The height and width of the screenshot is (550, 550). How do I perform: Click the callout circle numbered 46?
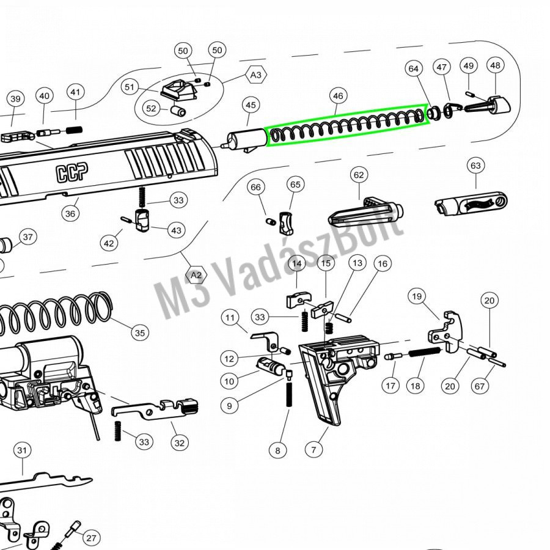click(338, 96)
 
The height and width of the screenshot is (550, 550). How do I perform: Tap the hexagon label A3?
click(256, 75)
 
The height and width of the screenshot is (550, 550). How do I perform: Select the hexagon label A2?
click(196, 276)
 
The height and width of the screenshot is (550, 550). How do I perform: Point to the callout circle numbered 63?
click(475, 166)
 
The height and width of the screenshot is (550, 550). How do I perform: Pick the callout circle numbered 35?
click(141, 333)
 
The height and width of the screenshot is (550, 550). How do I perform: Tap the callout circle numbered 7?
click(313, 450)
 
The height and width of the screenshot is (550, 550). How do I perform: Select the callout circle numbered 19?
click(417, 297)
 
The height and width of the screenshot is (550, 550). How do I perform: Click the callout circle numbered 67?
click(479, 386)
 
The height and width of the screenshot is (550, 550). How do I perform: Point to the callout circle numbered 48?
click(495, 65)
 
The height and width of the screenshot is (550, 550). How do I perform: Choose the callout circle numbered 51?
click(129, 87)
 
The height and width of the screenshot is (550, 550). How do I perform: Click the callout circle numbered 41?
click(75, 92)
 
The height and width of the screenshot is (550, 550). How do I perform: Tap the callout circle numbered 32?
click(178, 443)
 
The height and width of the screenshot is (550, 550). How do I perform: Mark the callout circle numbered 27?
click(91, 538)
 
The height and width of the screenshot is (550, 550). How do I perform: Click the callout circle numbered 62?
click(358, 175)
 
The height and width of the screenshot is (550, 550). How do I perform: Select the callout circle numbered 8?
click(277, 450)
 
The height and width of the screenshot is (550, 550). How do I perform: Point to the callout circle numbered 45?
click(251, 105)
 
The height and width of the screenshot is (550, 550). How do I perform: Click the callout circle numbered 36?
click(70, 213)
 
